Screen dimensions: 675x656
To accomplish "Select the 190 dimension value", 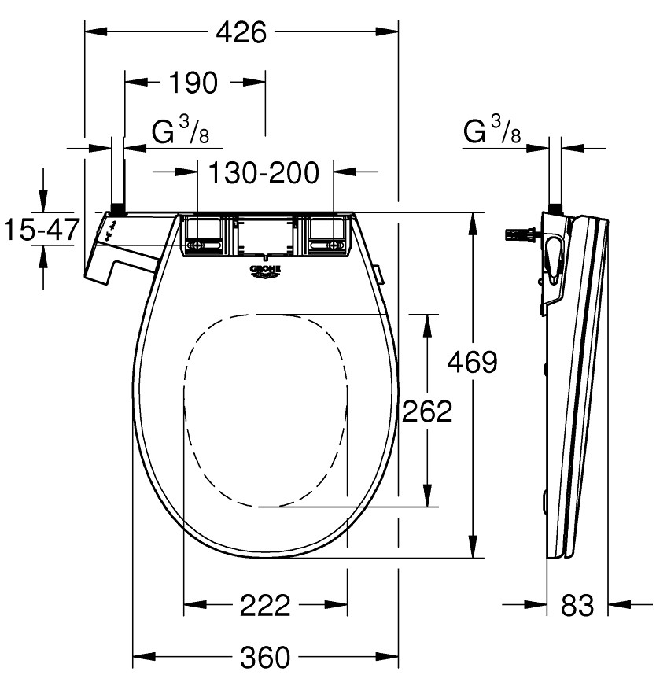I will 193,82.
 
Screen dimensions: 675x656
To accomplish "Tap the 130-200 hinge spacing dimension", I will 264,172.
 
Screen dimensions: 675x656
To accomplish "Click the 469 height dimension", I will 472,362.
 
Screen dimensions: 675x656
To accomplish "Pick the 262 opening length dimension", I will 427,411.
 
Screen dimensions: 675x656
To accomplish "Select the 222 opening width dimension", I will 265,605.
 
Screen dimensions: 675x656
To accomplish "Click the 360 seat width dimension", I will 265,655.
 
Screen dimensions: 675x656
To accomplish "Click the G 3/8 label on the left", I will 180,132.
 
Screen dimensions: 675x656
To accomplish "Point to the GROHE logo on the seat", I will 265,271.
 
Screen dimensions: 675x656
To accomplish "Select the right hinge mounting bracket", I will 326,235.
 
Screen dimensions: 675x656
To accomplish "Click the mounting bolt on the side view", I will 521,234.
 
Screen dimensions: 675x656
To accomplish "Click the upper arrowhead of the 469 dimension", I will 472,223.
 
